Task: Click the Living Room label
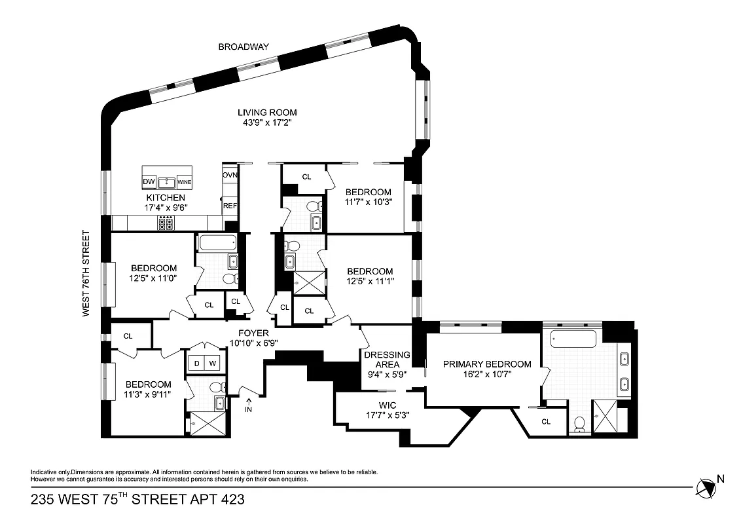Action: click(266, 113)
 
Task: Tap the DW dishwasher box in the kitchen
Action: click(149, 181)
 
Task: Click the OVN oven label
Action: click(230, 176)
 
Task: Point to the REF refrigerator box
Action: click(230, 205)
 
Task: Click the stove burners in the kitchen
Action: click(166, 224)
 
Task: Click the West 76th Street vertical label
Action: click(85, 273)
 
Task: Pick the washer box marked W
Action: click(213, 363)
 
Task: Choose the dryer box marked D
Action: click(196, 363)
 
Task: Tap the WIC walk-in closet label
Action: click(388, 405)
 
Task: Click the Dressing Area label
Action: click(387, 360)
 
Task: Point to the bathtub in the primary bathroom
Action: click(573, 339)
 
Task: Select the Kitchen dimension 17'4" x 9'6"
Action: click(166, 208)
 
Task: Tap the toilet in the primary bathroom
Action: click(578, 424)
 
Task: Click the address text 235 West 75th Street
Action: click(137, 499)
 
